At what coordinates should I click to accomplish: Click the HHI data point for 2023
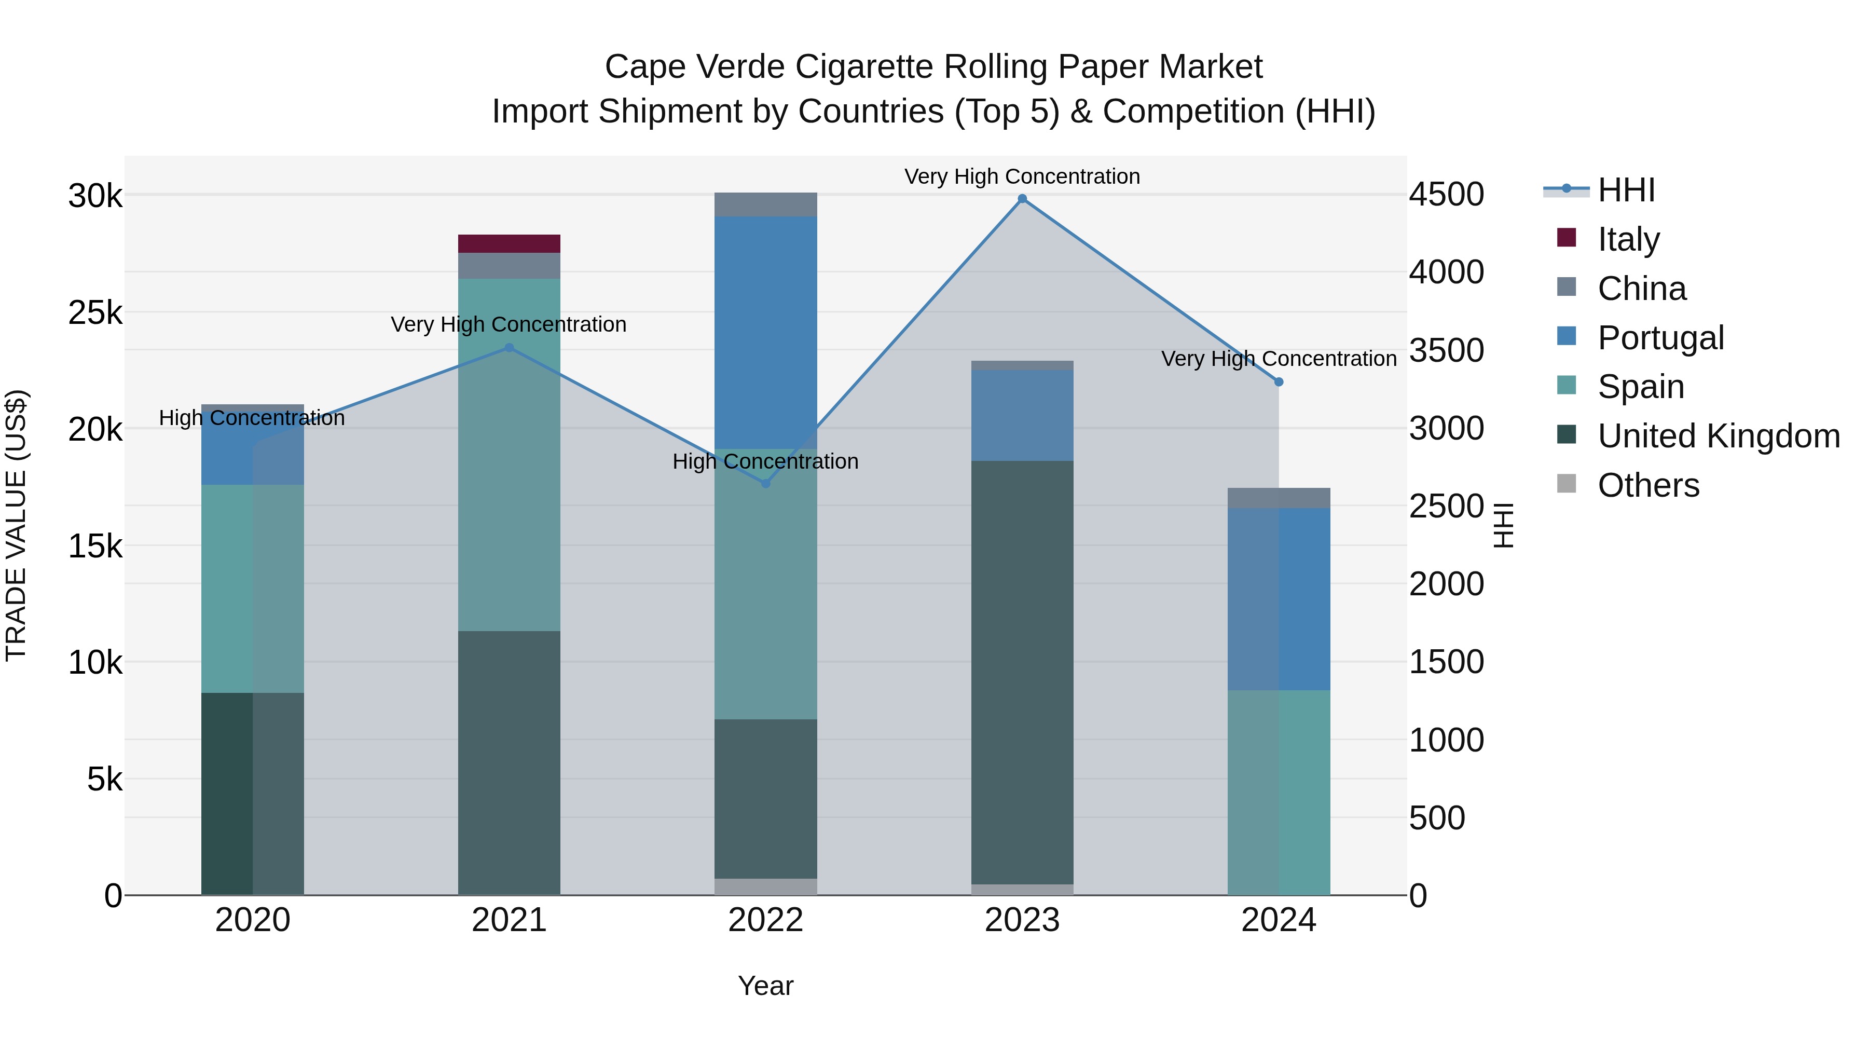pos(1022,199)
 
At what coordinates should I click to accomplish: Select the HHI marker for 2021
pos(509,348)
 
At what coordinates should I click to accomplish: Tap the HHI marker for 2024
pos(1279,382)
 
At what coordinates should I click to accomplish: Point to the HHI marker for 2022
pos(766,483)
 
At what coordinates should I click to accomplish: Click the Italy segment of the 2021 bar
pos(509,244)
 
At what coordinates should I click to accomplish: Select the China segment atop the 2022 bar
pos(766,204)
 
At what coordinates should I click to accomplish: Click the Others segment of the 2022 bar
pos(766,886)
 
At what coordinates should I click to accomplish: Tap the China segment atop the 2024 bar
pos(1279,498)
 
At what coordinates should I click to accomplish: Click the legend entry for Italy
pos(1628,239)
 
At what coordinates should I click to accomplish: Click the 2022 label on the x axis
pos(766,920)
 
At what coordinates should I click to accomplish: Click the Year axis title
pos(766,986)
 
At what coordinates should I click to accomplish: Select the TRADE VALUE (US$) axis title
pos(16,525)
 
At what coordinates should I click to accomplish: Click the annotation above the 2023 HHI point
pos(1022,176)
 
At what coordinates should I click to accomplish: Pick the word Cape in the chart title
pos(638,67)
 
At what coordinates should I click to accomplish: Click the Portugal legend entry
pos(1660,338)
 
